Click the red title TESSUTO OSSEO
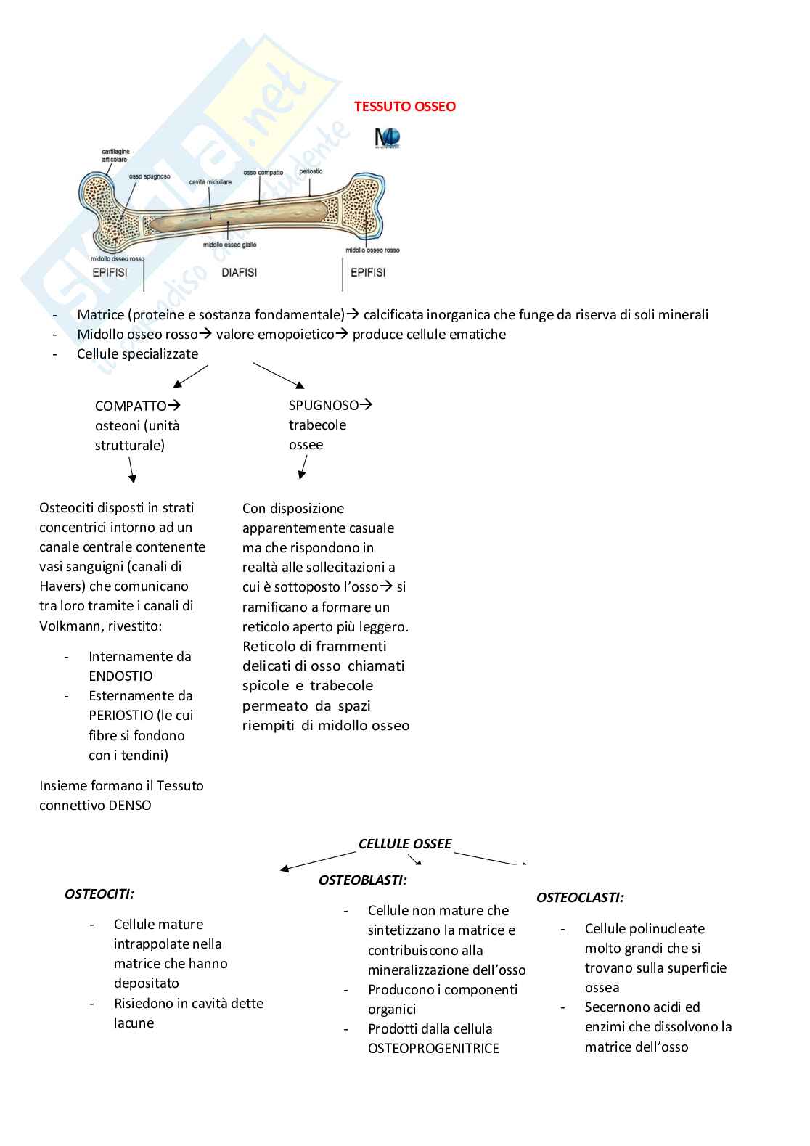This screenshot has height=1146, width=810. (404, 107)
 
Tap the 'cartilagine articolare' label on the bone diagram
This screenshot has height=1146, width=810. (115, 156)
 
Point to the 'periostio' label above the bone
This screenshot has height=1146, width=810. (311, 172)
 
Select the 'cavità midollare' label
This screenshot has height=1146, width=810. (210, 182)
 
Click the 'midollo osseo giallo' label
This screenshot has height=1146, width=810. (229, 245)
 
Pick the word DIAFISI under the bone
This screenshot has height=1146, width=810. (239, 273)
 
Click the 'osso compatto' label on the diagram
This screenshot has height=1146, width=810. (263, 173)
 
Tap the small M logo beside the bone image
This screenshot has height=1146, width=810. (387, 138)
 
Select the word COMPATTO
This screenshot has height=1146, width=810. (131, 406)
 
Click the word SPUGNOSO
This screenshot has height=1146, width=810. (324, 405)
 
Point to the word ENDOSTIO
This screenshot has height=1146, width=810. (120, 676)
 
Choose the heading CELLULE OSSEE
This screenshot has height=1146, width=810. (404, 844)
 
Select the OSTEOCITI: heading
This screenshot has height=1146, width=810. (99, 894)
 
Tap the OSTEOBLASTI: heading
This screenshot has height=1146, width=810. (362, 880)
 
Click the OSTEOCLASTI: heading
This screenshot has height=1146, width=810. (579, 898)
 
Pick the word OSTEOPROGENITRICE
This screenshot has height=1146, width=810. (433, 1049)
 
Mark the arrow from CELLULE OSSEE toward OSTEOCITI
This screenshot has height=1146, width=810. (308, 861)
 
